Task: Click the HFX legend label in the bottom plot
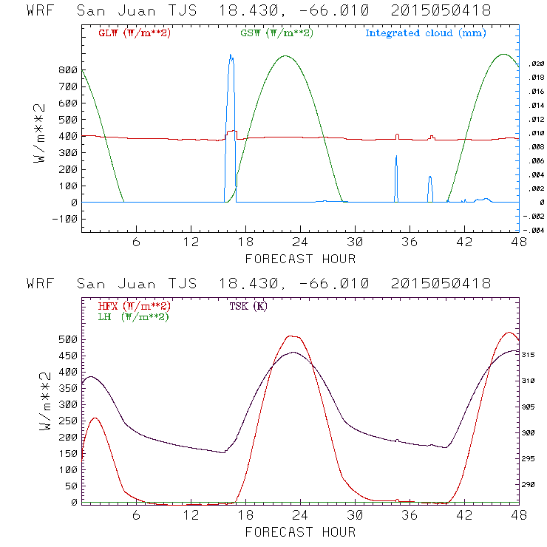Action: pos(134,306)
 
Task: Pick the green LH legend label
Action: pos(132,316)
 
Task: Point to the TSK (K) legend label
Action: pos(249,306)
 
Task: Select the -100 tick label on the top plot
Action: pos(65,219)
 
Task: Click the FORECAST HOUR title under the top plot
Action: pos(300,259)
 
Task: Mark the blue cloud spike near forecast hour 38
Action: pos(429,178)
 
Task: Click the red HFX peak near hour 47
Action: pos(508,333)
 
